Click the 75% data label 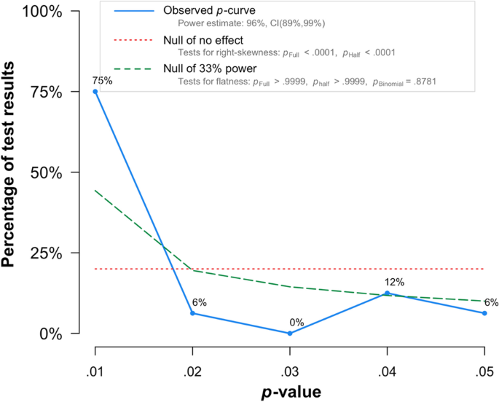tap(103, 81)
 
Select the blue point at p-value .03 tap(290, 334)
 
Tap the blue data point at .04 tap(387, 293)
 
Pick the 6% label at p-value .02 tap(200, 302)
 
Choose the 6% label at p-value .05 tap(490, 302)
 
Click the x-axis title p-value tap(291, 391)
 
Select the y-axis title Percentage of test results tap(12, 173)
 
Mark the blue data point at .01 tap(95, 92)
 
